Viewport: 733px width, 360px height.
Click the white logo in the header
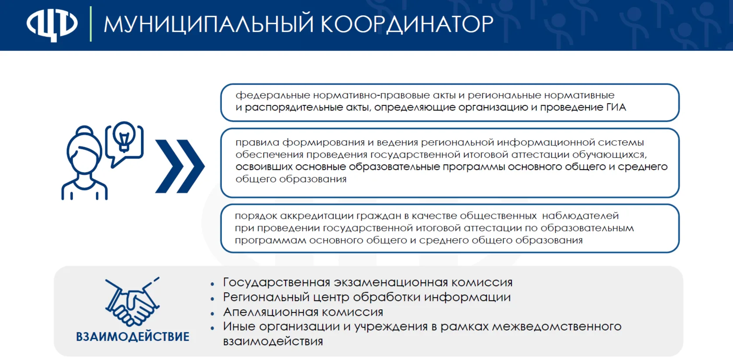point(52,24)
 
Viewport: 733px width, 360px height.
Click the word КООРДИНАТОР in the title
point(407,24)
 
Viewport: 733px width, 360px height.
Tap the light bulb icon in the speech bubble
point(124,137)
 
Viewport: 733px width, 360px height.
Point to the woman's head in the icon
point(84,149)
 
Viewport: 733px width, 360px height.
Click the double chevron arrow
point(180,166)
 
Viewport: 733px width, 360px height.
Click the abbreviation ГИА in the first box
point(616,107)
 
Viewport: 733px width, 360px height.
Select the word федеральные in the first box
point(273,96)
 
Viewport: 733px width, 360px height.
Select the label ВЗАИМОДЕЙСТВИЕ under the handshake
point(132,337)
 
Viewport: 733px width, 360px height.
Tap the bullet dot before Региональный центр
point(212,299)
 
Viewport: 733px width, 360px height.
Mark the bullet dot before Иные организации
point(212,328)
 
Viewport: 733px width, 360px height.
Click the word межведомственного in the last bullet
point(557,327)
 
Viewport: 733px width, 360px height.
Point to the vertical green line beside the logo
point(91,24)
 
